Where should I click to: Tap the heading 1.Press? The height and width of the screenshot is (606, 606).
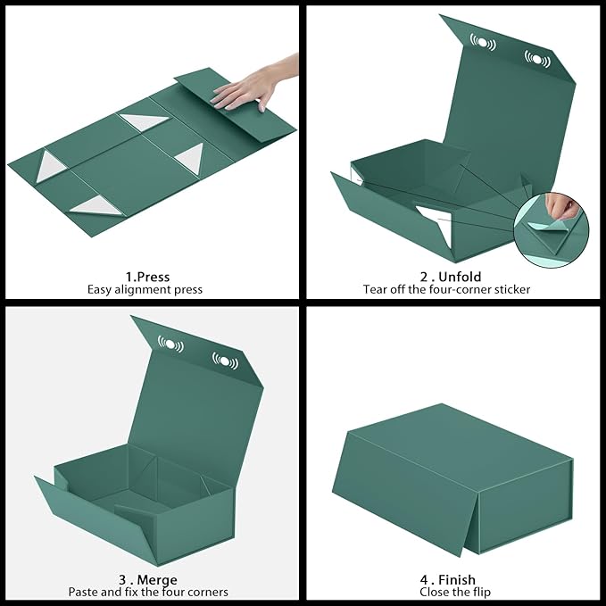pyautogui.click(x=147, y=277)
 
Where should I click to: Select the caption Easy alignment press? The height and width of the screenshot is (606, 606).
pyautogui.click(x=145, y=289)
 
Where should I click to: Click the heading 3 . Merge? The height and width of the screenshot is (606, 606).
pyautogui.click(x=148, y=579)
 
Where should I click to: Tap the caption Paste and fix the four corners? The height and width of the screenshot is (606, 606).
pyautogui.click(x=148, y=592)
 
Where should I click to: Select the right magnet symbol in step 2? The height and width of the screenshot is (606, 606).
pyautogui.click(x=537, y=59)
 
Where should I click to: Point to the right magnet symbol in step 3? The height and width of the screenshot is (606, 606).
pyautogui.click(x=226, y=361)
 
